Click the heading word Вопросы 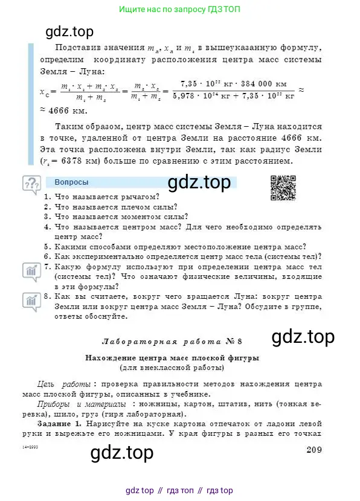pos(71,182)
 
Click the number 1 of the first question pos(48,197)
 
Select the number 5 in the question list pos(48,246)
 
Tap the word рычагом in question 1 pos(140,197)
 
